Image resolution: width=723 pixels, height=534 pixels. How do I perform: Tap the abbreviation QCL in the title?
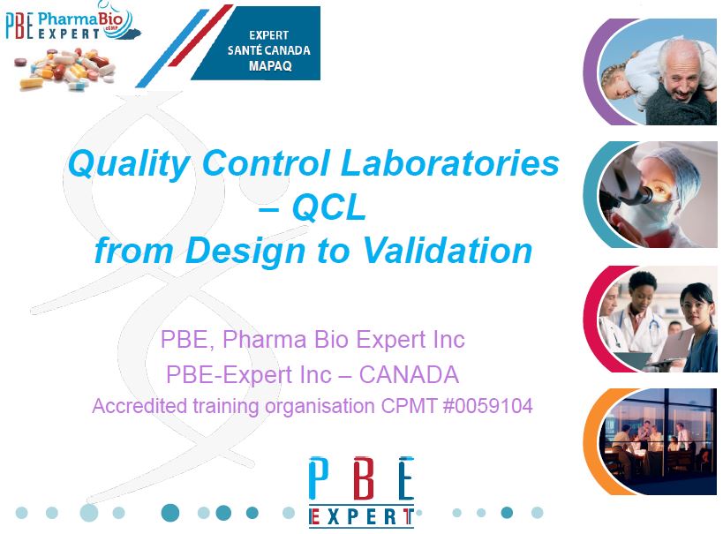coord(328,208)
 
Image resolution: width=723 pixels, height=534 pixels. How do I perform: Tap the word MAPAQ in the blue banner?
coord(269,65)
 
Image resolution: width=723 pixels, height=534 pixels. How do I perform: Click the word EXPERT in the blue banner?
coord(269,35)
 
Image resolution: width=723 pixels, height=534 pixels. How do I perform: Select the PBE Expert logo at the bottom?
coord(361,490)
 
